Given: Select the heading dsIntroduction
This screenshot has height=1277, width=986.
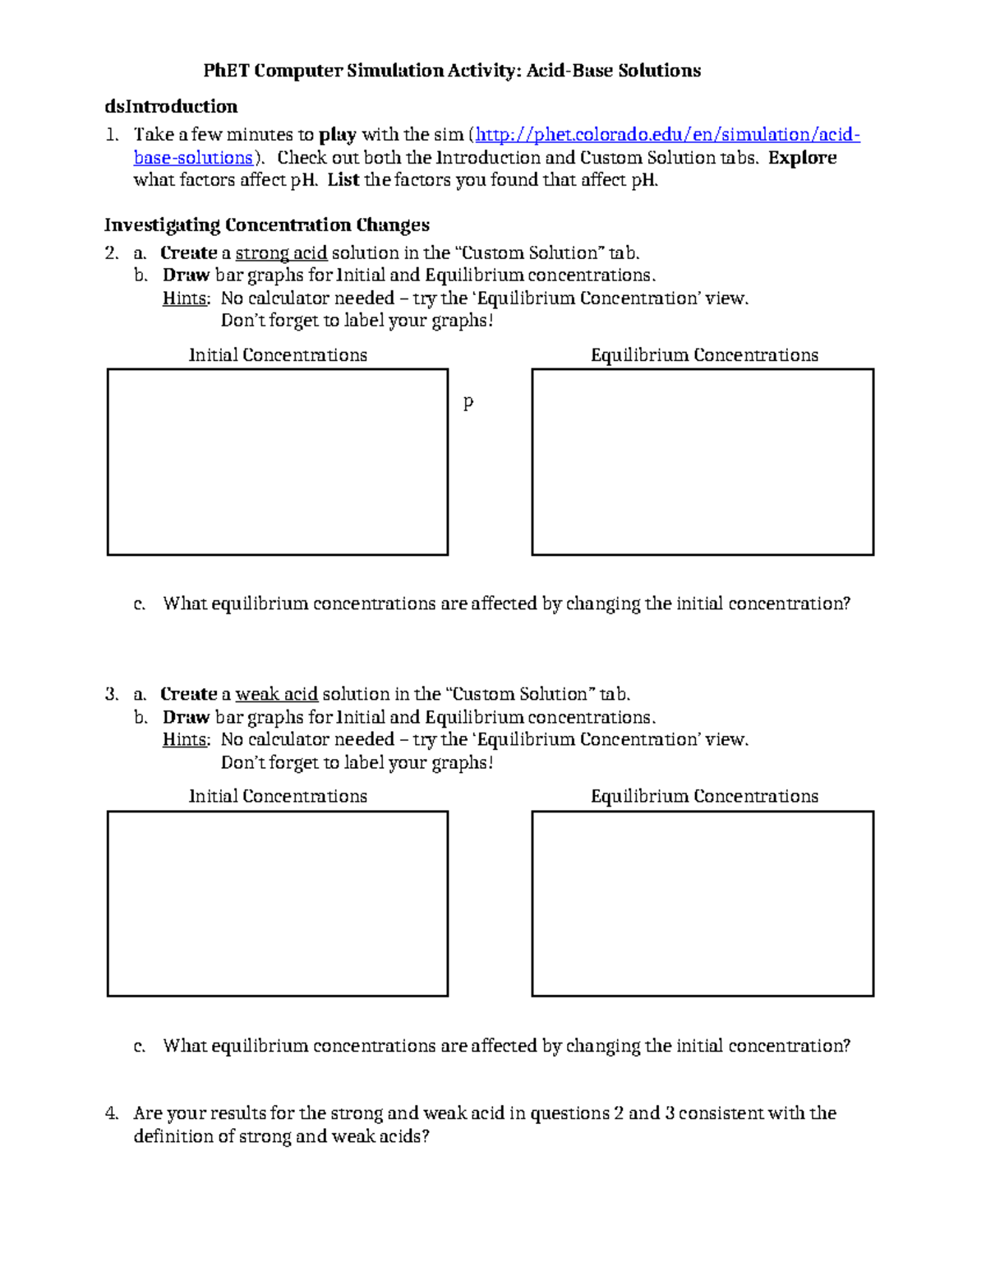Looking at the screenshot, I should point(171,107).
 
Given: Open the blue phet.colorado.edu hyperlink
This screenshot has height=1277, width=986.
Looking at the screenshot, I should point(667,135).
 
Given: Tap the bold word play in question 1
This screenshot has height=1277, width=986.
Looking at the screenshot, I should point(337,136).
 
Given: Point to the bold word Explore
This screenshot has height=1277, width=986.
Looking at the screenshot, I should point(802,158).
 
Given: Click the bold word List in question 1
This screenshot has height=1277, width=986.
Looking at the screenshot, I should point(343,181).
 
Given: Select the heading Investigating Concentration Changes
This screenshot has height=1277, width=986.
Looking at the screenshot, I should point(267,225).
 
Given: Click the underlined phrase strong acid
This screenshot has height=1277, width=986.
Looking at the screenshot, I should point(281,253).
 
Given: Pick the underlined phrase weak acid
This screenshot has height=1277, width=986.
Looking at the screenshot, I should point(276,695).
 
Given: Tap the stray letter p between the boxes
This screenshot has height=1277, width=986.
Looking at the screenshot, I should point(468,403).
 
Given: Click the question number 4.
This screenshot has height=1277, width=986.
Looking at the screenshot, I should point(112,1113).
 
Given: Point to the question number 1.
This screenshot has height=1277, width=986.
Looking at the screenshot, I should point(112,135).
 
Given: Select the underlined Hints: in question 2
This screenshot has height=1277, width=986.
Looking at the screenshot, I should point(186,298).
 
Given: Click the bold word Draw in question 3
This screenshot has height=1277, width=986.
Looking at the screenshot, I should point(186,718).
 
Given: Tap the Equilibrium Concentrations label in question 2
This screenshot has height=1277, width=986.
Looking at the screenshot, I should point(704,355).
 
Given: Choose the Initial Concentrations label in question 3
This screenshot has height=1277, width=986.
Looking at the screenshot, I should point(278,797).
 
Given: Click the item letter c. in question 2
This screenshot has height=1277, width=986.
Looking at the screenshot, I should point(140,604).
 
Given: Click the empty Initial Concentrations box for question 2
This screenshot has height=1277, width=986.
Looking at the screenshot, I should point(278,462).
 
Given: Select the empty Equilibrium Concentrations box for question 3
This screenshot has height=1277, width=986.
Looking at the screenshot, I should point(703,904).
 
